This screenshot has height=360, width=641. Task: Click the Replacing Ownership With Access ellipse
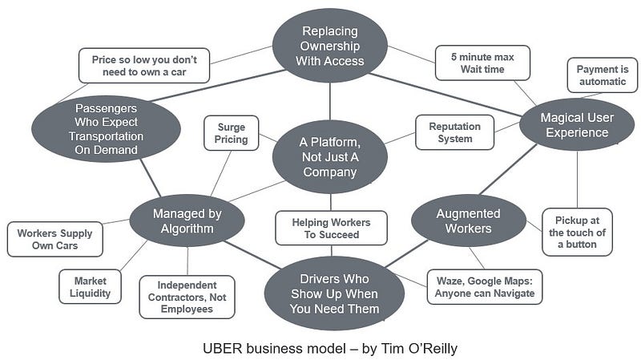[x=329, y=46]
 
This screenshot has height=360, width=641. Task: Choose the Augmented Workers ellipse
[x=468, y=220]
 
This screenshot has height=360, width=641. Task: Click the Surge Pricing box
[x=232, y=133]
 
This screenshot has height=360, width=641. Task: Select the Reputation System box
[x=454, y=133]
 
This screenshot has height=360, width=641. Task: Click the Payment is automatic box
[x=602, y=76]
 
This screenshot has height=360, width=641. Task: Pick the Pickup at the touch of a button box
[x=577, y=232]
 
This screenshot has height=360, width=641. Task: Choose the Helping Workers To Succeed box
[x=331, y=228]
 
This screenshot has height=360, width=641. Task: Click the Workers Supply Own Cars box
[x=55, y=240]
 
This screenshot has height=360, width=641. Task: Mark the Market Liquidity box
[x=91, y=287]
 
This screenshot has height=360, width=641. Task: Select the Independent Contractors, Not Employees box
[x=187, y=297]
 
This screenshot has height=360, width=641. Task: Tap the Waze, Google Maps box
[x=484, y=287]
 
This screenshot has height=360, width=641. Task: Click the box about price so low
[x=144, y=66]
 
